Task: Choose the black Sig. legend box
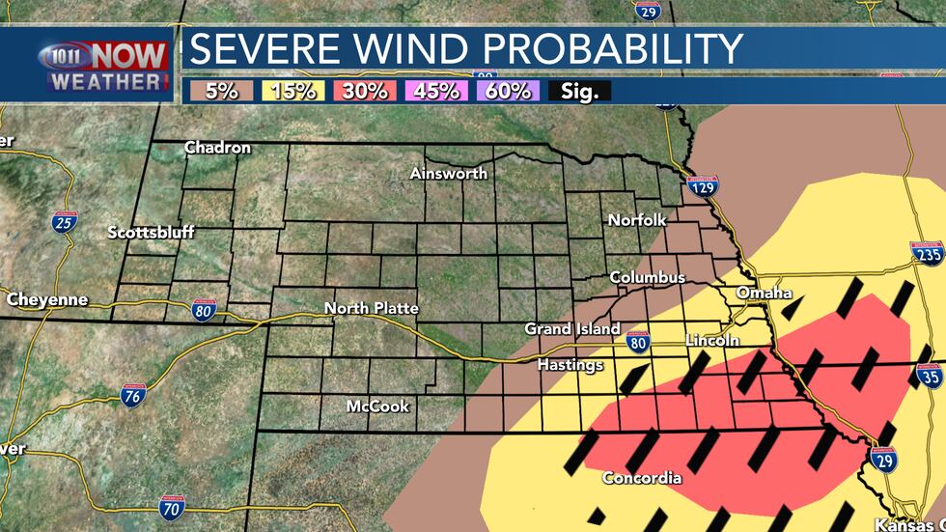(575, 92)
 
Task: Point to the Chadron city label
(217, 148)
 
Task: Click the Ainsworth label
(448, 174)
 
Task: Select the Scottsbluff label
(151, 233)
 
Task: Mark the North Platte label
(371, 308)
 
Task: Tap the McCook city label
(377, 406)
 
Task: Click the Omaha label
(764, 293)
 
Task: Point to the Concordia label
(642, 478)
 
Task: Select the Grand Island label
(571, 329)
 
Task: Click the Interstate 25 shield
(65, 223)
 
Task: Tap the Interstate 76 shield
(134, 394)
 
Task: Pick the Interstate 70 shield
(172, 506)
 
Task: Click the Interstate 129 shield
(704, 187)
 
